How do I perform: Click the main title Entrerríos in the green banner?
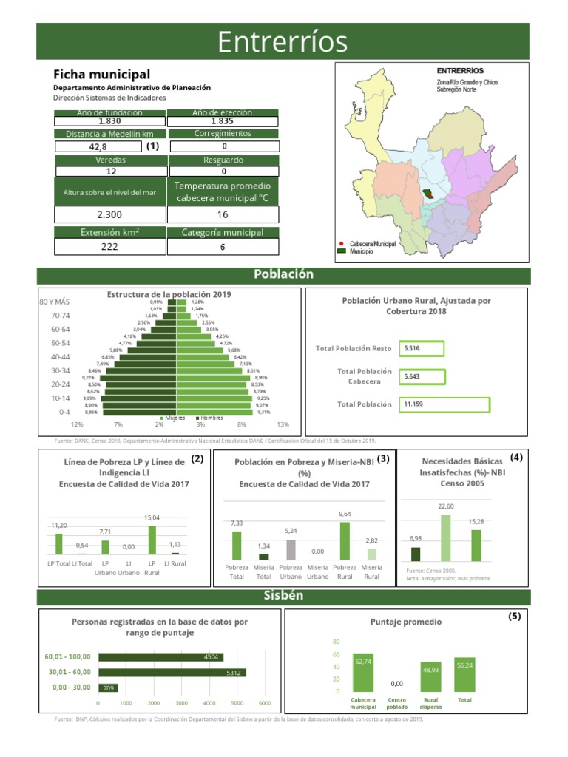click(283, 42)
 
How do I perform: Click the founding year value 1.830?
click(109, 121)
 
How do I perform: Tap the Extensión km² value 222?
click(109, 247)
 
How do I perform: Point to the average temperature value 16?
click(223, 214)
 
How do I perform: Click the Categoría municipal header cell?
click(223, 232)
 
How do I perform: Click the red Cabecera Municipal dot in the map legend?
click(341, 243)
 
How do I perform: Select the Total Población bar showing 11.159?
click(444, 404)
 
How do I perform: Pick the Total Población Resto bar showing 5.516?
click(422, 348)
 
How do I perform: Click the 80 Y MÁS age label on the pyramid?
click(54, 302)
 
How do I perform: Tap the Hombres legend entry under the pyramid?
click(209, 418)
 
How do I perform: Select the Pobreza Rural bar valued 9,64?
click(345, 540)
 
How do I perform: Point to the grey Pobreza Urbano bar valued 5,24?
click(291, 549)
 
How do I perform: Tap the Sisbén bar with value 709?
click(108, 688)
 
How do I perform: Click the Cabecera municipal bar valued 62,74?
click(363, 673)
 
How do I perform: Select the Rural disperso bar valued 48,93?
click(431, 677)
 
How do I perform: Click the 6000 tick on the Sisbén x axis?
click(266, 703)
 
